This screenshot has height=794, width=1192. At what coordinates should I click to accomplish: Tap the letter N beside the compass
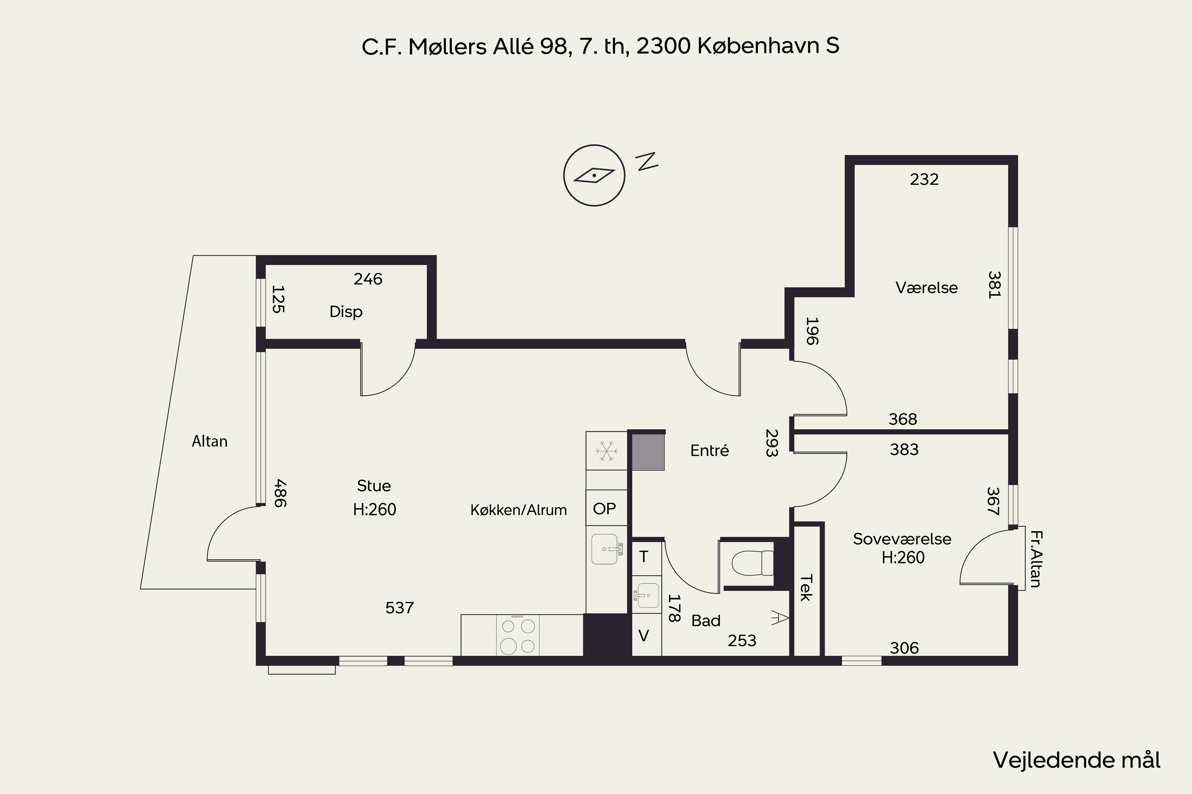click(x=647, y=161)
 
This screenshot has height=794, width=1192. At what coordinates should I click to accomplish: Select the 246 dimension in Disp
click(x=368, y=279)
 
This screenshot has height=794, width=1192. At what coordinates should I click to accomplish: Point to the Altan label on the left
click(x=209, y=441)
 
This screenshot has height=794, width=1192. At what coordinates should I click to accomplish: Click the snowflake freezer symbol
click(x=606, y=451)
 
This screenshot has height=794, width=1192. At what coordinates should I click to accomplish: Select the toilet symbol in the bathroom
click(x=752, y=563)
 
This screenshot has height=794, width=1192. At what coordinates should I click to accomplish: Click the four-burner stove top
click(x=517, y=636)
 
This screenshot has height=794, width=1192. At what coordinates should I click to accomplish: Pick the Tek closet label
click(x=805, y=588)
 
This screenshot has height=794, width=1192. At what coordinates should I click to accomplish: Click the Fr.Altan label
click(x=1035, y=559)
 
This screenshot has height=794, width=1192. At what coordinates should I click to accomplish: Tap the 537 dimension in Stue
click(x=399, y=608)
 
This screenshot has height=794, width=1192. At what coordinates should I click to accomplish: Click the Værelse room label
click(x=927, y=287)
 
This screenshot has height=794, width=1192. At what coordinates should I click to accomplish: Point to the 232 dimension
click(x=924, y=179)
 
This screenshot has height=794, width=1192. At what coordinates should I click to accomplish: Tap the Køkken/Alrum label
click(x=519, y=510)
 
